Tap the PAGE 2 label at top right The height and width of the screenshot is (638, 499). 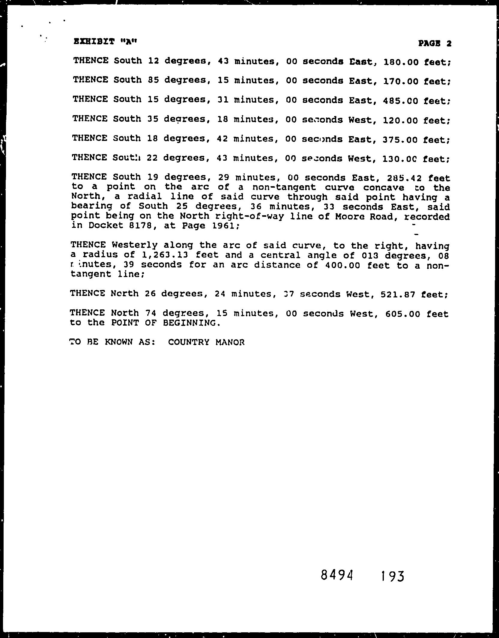click(x=435, y=44)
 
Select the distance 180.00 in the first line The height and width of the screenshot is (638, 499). click(x=400, y=62)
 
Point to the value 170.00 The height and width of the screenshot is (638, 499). click(x=400, y=81)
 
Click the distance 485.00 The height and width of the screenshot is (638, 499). click(x=400, y=101)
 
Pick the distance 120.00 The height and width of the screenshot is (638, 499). click(x=400, y=120)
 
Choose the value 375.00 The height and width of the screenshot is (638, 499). click(x=400, y=140)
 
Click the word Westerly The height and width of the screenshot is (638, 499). click(x=134, y=245)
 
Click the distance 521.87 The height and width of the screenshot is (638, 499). click(x=398, y=294)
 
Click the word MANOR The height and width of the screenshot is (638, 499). click(x=230, y=342)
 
